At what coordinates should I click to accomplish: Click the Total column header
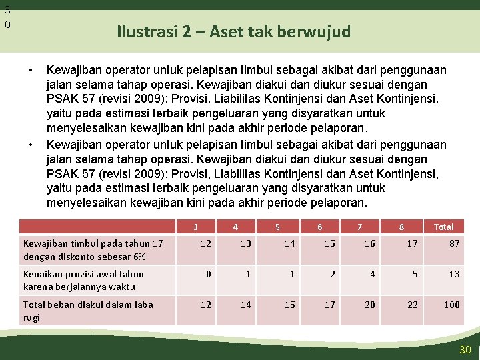tap(443, 227)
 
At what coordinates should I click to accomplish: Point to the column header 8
tap(401, 227)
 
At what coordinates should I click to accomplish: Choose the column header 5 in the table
tap(277, 227)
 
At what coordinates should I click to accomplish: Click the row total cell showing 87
tap(454, 243)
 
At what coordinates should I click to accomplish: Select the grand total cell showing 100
tap(452, 305)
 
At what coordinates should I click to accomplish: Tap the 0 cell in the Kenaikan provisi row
tap(209, 274)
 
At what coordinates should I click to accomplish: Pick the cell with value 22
tap(413, 305)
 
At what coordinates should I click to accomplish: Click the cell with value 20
tap(370, 305)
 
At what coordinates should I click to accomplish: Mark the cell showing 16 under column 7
tap(370, 243)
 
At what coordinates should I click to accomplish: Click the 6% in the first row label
tap(138, 257)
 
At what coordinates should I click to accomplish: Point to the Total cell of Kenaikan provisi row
tap(454, 274)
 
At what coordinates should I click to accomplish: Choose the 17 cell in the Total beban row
tap(329, 305)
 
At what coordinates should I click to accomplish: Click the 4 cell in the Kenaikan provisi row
tap(373, 274)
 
